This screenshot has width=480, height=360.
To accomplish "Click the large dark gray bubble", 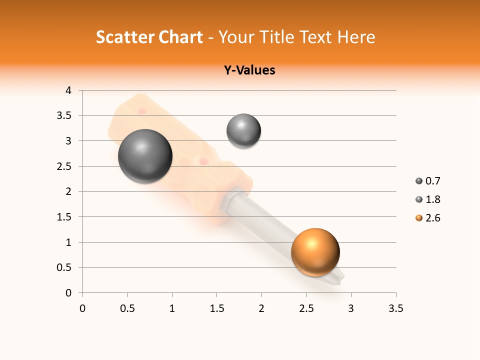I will (145, 156).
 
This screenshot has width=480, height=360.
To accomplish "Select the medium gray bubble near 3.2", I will (243, 131).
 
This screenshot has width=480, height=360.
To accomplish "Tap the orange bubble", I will (315, 252).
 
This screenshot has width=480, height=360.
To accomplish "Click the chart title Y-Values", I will (249, 70).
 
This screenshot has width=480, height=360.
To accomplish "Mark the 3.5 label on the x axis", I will (396, 308).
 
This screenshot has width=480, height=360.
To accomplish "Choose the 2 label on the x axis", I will (261, 308).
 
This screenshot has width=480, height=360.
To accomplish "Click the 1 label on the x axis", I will (172, 308).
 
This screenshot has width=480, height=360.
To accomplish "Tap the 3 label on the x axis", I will (351, 308).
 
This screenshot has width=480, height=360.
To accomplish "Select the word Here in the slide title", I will (356, 37).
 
